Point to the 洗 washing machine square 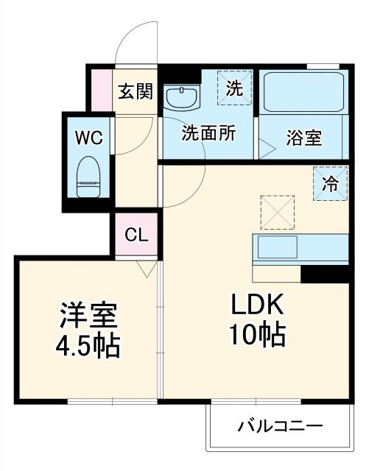click(233, 89)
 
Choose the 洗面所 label click(208, 134)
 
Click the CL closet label click(136, 235)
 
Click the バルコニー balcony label click(279, 426)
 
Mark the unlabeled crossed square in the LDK click(277, 213)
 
